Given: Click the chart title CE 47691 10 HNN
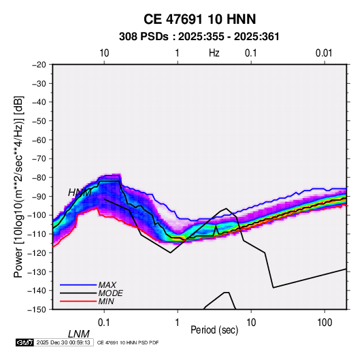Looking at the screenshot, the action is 199,19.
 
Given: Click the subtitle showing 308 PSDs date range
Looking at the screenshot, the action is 199,37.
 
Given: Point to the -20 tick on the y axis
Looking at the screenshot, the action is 39,65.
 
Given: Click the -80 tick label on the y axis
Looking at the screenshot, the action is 39,178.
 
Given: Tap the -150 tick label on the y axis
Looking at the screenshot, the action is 37,310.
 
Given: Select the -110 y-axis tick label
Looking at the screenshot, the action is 37,234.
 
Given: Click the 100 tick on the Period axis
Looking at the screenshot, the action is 325,323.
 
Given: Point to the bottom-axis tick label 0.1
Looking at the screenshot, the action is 104,323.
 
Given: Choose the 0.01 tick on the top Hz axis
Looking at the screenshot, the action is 324,53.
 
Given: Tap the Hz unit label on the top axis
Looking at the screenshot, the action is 214,53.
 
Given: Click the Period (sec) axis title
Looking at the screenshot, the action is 214,330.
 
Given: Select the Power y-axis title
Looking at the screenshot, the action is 18,187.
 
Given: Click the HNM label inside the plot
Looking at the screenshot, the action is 80,193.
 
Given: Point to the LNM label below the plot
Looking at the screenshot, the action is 79,334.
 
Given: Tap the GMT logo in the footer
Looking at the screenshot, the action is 24,342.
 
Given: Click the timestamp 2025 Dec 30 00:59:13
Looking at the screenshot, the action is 63,342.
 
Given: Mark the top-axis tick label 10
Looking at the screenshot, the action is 104,53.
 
